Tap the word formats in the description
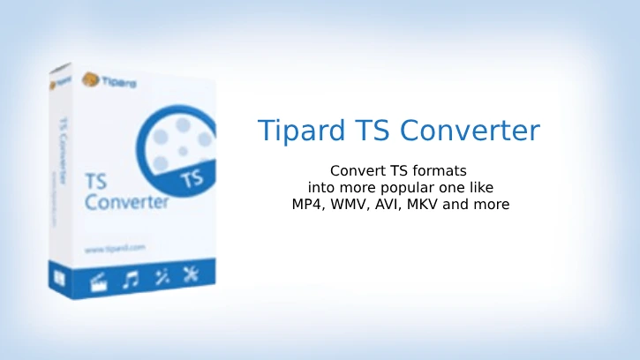point(436,169)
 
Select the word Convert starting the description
point(355,169)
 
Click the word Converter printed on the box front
point(126,201)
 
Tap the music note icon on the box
point(132,279)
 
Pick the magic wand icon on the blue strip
point(162,277)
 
